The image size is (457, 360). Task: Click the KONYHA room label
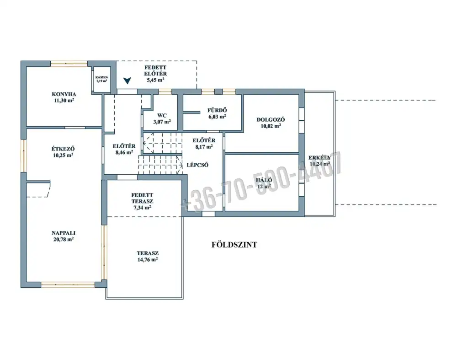[x=64, y=94]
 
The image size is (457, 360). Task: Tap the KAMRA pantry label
[x=102, y=77]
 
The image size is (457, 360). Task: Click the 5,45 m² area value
[x=155, y=80]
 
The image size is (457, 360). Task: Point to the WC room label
[x=162, y=116]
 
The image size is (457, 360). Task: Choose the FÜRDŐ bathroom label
[x=217, y=110]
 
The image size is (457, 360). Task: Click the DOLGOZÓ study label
[x=271, y=119]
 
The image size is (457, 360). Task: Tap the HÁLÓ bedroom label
[x=264, y=180]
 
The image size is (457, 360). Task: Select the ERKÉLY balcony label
[x=320, y=157]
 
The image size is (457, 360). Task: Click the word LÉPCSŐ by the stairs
[x=197, y=165]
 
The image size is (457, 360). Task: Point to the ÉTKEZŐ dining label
[x=63, y=149]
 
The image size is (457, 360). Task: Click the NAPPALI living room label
[x=64, y=233]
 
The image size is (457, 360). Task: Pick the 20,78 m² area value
[x=63, y=240]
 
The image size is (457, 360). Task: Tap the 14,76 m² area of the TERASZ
[x=148, y=260]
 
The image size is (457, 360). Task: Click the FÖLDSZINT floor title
[x=234, y=245]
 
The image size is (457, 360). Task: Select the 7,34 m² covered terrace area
[x=142, y=208]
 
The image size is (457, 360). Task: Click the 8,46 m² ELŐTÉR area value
[x=124, y=152]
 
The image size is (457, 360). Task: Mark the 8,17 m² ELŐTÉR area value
[x=204, y=147]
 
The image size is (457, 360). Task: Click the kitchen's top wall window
[x=69, y=63]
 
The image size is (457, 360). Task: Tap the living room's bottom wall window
[x=68, y=285]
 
